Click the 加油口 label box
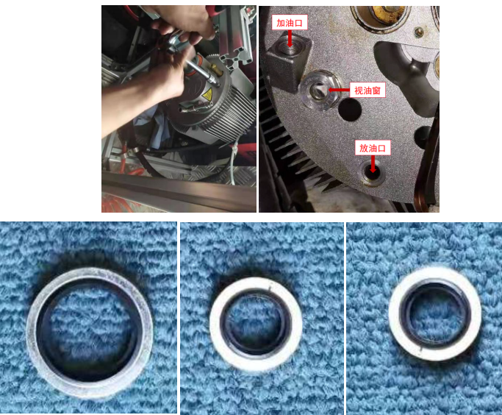click(x=290, y=22)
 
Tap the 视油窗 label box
click(x=367, y=91)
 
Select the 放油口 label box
click(x=373, y=148)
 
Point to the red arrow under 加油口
click(x=290, y=38)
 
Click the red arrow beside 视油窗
click(x=339, y=90)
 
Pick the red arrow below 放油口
click(x=373, y=164)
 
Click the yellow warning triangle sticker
click(x=207, y=95)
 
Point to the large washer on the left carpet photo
click(x=90, y=332)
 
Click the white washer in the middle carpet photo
click(x=256, y=324)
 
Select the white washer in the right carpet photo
click(x=435, y=315)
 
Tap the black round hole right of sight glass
click(x=350, y=110)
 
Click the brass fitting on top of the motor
click(x=213, y=70)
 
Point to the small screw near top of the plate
click(x=418, y=32)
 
